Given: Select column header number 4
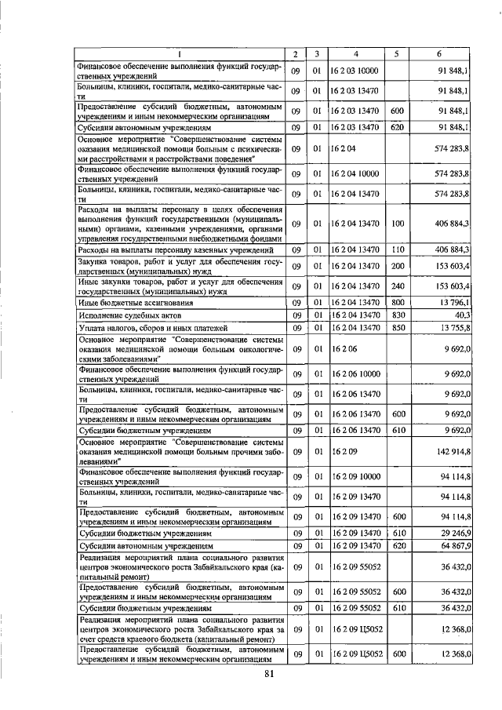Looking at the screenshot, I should tap(355, 54).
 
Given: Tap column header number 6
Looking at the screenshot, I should tap(444, 54).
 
